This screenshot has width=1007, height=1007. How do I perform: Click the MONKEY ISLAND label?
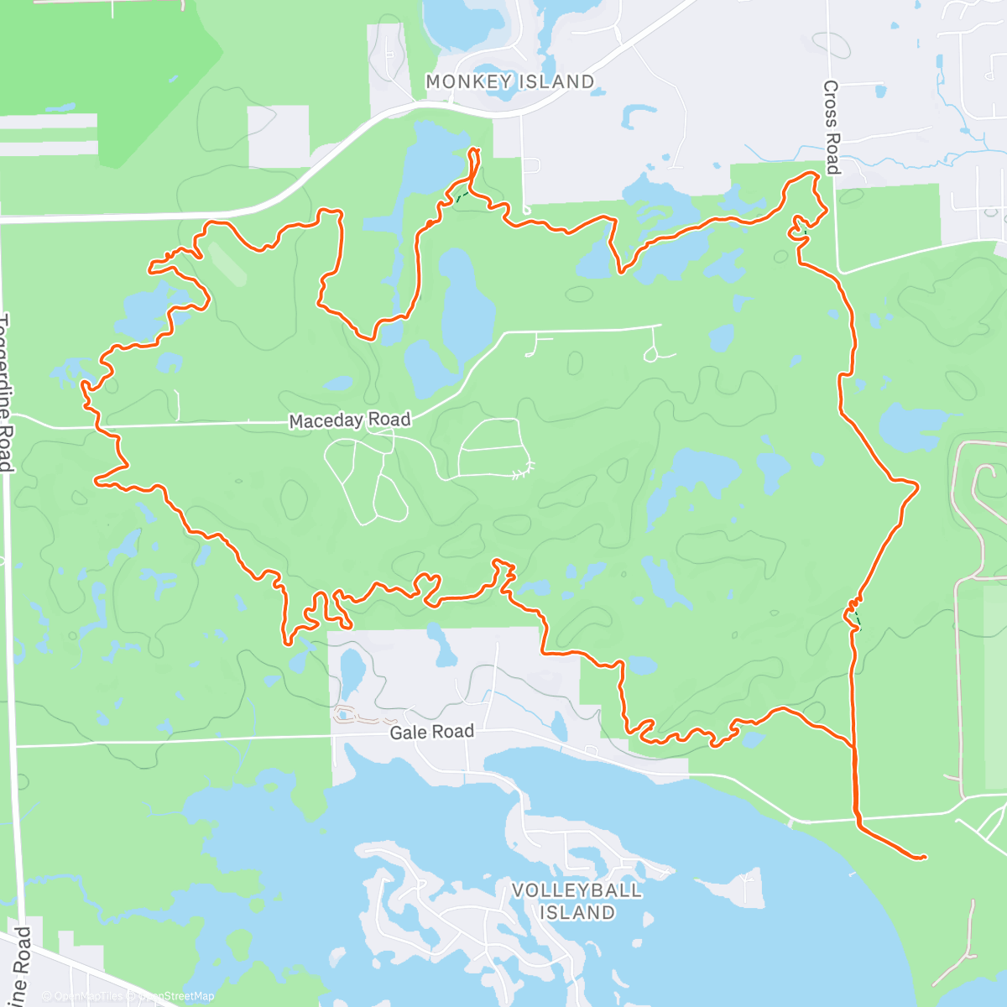coord(509,82)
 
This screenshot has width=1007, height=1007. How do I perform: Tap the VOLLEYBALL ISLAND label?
coord(577,901)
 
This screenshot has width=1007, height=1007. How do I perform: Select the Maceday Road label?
coord(350,420)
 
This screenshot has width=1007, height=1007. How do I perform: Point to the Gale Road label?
coord(431,733)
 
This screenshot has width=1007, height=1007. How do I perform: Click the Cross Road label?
coord(831,127)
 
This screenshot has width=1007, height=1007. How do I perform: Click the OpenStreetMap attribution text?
coord(177,996)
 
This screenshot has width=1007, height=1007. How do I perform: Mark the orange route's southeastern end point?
coord(923,857)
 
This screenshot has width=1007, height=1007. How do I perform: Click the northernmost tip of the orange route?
coord(474,150)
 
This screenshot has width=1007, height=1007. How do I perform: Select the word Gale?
coord(409,733)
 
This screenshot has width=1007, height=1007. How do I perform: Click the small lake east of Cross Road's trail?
coord(903,427)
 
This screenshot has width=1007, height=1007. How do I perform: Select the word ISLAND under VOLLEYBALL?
coord(577,912)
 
